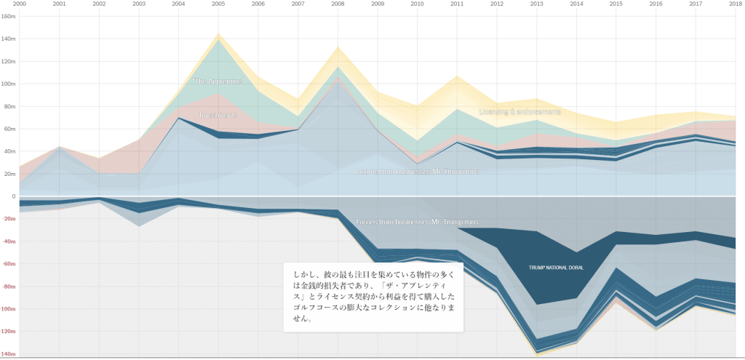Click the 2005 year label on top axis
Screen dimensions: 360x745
click(218, 4)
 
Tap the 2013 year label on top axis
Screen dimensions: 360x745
click(536, 4)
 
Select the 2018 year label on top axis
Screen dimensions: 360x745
click(735, 4)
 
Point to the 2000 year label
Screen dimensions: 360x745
click(20, 4)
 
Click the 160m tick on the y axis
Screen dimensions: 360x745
click(9, 16)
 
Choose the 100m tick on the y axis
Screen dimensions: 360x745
click(9, 84)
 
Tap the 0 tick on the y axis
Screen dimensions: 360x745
click(13, 196)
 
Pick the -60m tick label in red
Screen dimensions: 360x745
click(9, 264)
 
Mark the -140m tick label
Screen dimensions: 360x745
click(8, 354)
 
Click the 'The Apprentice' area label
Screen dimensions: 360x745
click(218, 81)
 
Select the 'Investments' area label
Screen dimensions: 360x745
click(219, 115)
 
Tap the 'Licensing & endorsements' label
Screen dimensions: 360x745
click(519, 111)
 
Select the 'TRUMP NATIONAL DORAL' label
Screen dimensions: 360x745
click(556, 268)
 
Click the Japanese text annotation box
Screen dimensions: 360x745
click(372, 297)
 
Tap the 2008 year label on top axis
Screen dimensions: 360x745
click(338, 4)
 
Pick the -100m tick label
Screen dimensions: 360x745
click(8, 309)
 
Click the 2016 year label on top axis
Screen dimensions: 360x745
click(656, 4)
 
